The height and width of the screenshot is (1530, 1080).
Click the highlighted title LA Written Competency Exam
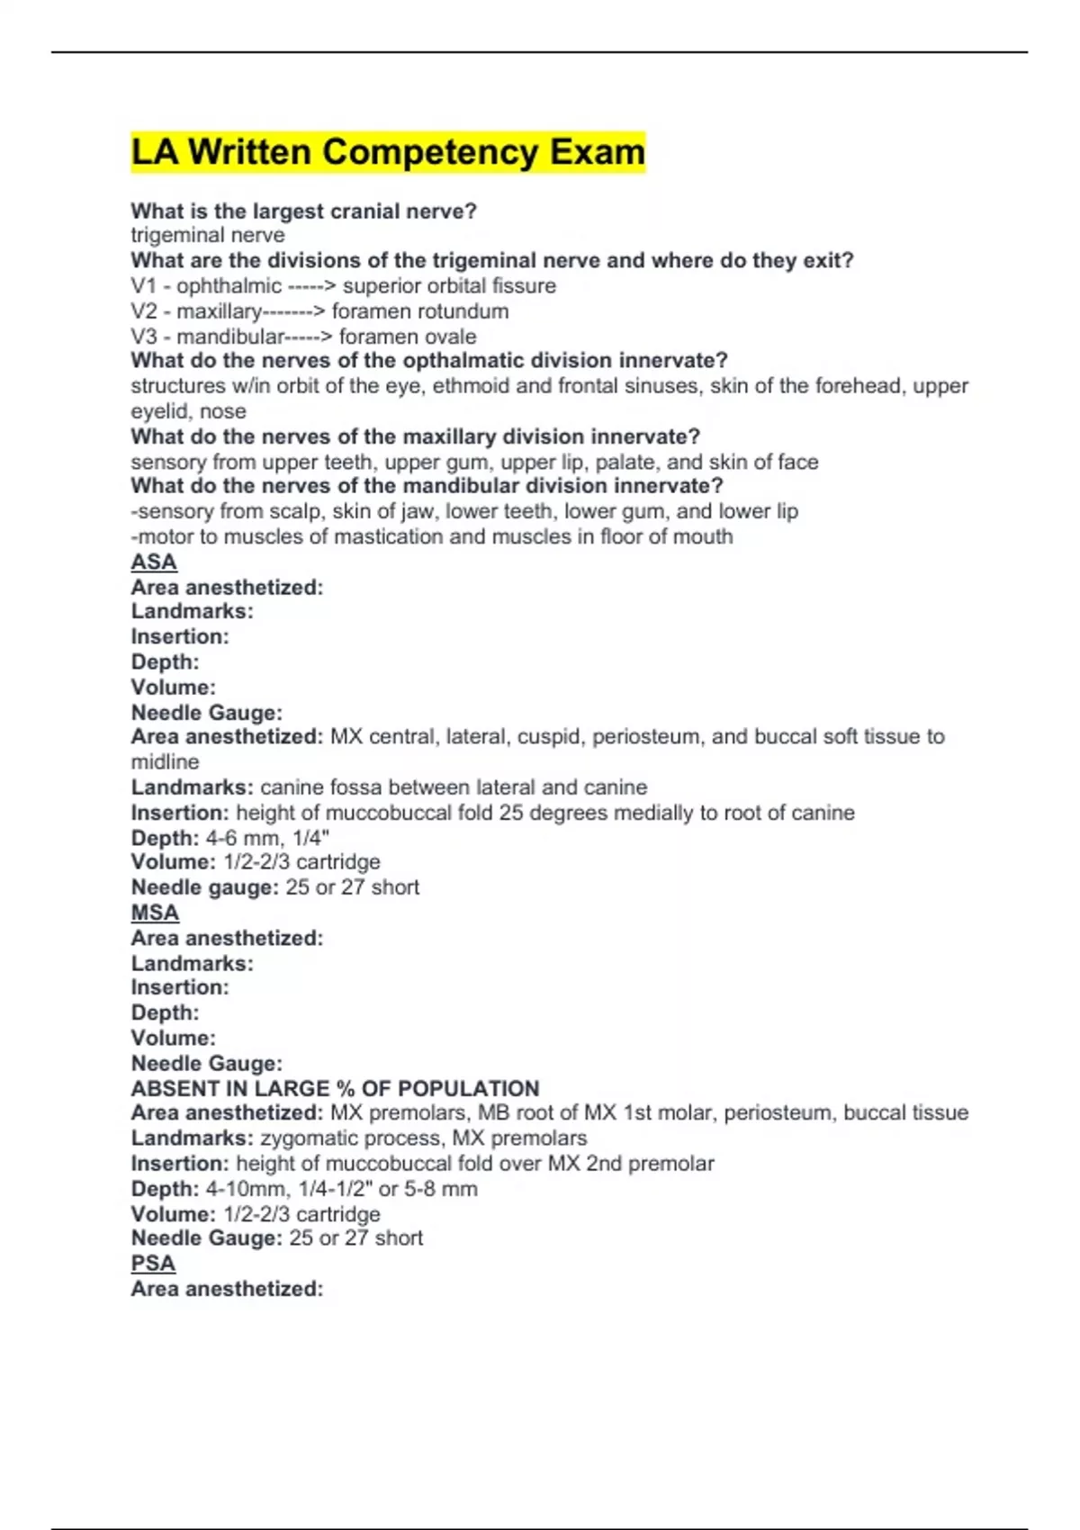click(388, 152)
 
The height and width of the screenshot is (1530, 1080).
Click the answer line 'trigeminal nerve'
click(208, 236)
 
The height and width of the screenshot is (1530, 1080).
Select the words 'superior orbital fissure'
click(449, 286)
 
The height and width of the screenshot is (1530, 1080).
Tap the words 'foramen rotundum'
click(420, 311)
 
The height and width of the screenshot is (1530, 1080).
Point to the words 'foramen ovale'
click(408, 337)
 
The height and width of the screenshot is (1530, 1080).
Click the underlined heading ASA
click(154, 562)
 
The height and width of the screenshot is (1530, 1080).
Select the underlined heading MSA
click(155, 913)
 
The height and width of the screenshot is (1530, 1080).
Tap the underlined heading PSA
click(153, 1264)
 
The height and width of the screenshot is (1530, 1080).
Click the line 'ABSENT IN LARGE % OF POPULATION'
click(335, 1088)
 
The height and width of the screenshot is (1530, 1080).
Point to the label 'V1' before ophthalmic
click(143, 286)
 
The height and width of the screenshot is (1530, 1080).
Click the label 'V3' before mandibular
click(144, 337)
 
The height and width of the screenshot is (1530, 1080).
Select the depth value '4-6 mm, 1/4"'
click(267, 838)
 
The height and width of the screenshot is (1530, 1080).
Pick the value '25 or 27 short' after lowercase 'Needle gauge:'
click(352, 887)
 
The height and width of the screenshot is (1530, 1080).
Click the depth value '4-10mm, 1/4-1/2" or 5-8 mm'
click(341, 1189)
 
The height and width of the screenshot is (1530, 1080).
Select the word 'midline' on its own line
click(165, 762)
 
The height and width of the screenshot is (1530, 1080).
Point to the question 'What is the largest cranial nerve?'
click(303, 211)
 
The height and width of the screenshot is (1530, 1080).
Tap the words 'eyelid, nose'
click(188, 412)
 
